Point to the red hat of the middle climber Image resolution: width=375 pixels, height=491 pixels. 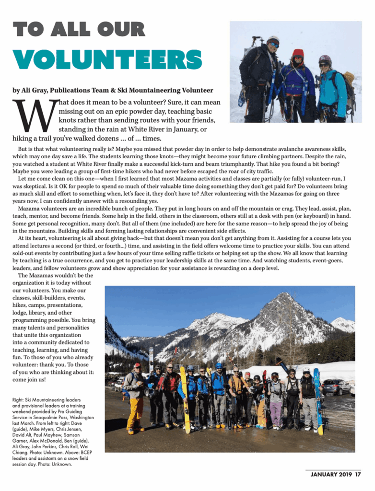[298, 54]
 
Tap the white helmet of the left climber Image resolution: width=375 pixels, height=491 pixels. [273, 39]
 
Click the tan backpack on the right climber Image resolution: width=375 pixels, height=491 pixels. [350, 79]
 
